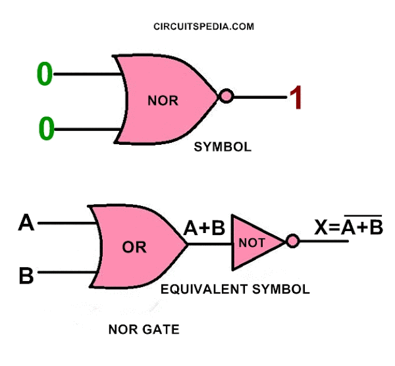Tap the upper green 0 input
click(44, 74)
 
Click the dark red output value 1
click(296, 98)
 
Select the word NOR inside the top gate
click(163, 101)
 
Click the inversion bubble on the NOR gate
click(226, 97)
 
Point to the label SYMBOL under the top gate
click(222, 147)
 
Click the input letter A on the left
click(26, 223)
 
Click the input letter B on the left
click(26, 275)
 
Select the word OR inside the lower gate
click(134, 248)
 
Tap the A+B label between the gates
click(204, 228)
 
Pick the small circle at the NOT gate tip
click(293, 242)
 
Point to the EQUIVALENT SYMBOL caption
click(235, 288)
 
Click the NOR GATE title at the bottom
click(144, 329)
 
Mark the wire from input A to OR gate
click(66, 224)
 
